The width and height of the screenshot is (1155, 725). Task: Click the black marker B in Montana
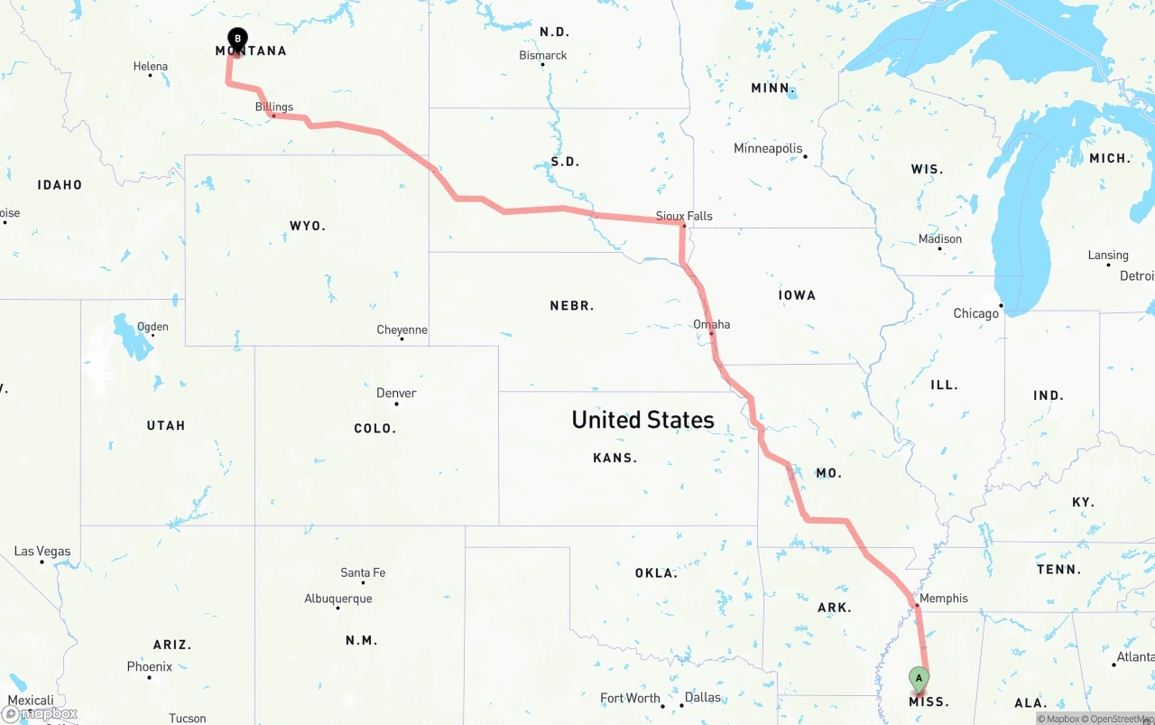[x=237, y=39]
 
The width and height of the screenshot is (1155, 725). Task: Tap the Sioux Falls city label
[x=684, y=216]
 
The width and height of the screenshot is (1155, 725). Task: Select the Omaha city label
[x=712, y=324]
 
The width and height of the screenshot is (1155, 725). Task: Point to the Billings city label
[x=274, y=107]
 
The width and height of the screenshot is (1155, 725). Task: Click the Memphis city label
[x=944, y=598]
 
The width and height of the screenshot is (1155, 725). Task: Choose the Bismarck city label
[x=543, y=55]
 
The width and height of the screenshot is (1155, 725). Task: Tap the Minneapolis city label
[x=768, y=148]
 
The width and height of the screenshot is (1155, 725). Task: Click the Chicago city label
[x=976, y=313]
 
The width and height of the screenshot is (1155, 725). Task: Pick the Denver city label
[x=396, y=393]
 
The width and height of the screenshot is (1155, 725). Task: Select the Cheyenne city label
[x=402, y=330]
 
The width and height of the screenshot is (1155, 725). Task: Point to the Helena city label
[x=151, y=66]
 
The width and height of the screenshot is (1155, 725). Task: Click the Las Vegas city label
[x=42, y=551]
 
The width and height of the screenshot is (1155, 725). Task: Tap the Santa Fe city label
[x=363, y=572]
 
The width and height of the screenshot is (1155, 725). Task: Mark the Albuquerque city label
[x=338, y=599]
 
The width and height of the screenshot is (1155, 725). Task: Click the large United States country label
[x=642, y=420]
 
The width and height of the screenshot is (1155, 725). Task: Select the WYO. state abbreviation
[x=308, y=226]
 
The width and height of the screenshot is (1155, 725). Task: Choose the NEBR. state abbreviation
[x=572, y=306]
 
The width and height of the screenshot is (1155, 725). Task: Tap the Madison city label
[x=940, y=239]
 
